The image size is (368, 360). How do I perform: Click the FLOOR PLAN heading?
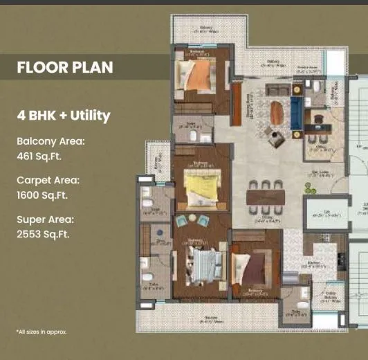[64, 69]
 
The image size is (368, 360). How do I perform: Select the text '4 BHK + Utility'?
[63, 116]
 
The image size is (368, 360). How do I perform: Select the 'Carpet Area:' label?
[48, 180]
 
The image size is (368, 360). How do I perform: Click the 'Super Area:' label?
[45, 219]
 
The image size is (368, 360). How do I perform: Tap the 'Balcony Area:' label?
[50, 141]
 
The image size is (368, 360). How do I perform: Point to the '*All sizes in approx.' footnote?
[42, 332]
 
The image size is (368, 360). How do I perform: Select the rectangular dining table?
[266, 196]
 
